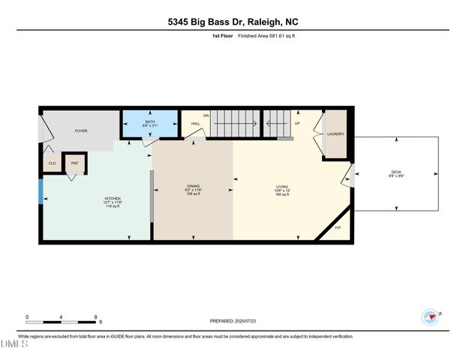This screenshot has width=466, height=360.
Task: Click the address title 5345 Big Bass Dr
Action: (233, 22)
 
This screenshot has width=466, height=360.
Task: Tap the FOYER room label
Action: (81, 130)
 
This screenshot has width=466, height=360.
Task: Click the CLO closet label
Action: (52, 163)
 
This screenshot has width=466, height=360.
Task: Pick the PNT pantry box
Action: (74, 163)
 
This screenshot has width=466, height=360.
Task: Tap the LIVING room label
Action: (282, 186)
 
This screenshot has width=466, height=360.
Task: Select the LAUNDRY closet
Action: (335, 134)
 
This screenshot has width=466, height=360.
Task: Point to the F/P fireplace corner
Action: (337, 227)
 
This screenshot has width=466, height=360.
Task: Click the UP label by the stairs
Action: (297, 123)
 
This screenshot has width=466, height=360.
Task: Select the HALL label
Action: (195, 123)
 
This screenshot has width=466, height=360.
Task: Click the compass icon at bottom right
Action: (430, 316)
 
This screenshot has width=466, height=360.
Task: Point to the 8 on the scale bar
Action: (95, 316)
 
